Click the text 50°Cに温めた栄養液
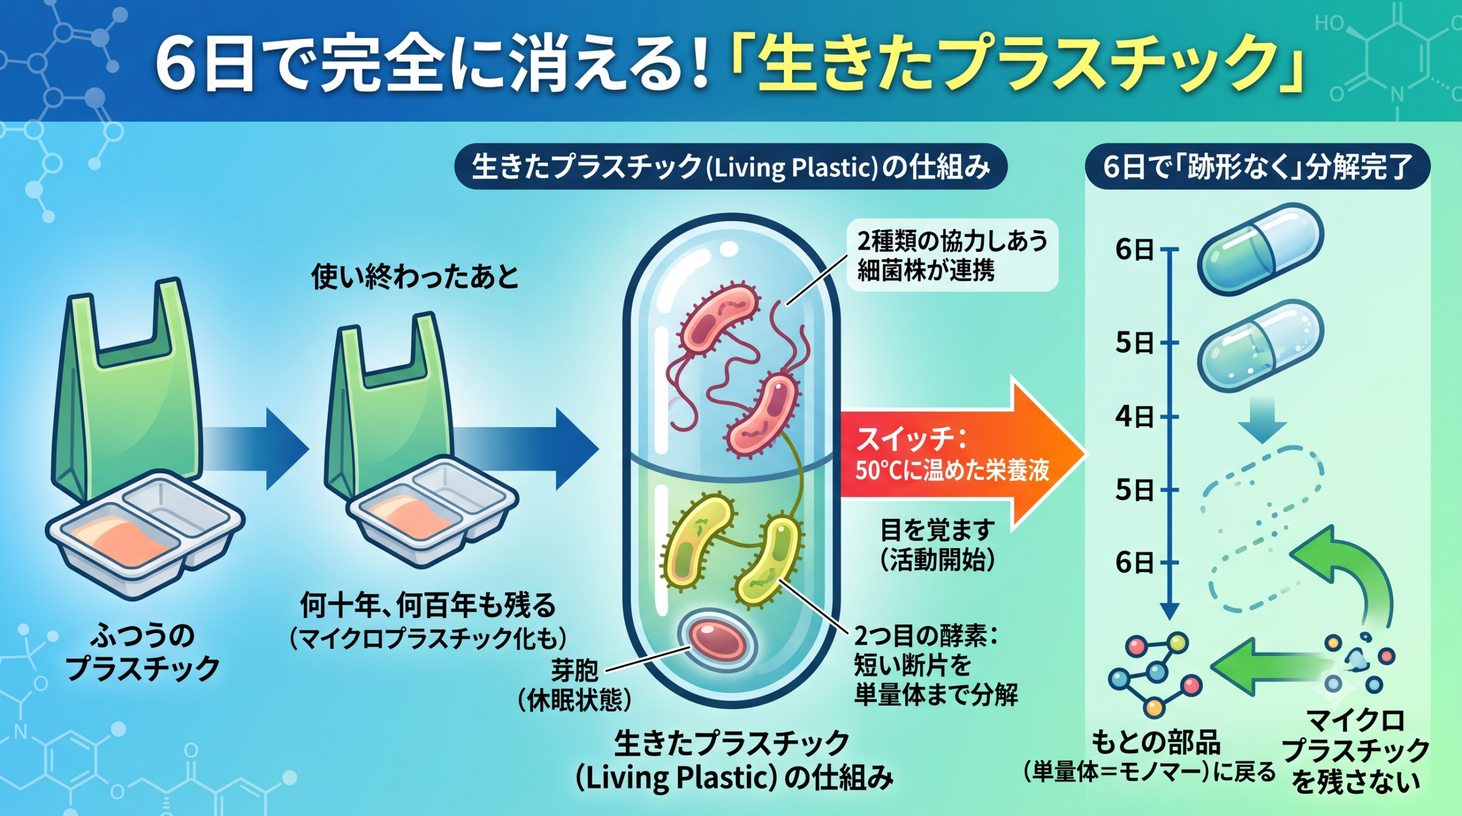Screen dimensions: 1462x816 coord(952,470)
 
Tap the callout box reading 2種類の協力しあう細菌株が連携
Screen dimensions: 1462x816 coord(952,255)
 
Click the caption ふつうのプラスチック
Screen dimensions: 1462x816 coord(142,652)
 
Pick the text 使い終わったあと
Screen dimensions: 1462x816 coord(415,276)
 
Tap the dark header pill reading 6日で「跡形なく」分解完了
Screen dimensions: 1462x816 coord(1258,167)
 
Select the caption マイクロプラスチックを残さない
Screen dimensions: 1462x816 coord(1355,751)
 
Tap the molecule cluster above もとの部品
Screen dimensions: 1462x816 coord(1155,673)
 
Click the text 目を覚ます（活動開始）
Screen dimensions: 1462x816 coord(937,545)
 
